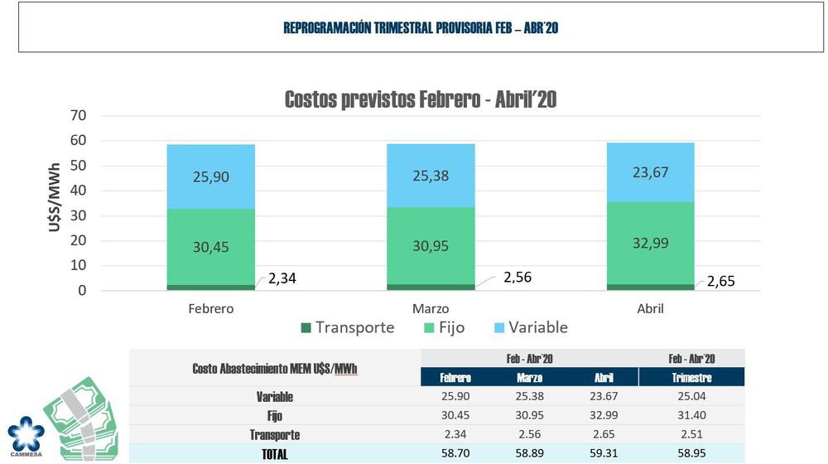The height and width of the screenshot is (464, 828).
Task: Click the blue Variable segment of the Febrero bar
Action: point(210,176)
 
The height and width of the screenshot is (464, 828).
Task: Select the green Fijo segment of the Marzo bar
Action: point(431,246)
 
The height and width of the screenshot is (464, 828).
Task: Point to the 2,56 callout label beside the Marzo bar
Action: point(517,277)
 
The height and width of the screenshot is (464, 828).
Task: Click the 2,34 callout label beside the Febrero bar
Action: point(282,279)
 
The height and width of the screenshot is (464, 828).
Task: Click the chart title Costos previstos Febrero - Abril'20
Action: point(421,100)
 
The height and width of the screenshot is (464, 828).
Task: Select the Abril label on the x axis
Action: point(650,308)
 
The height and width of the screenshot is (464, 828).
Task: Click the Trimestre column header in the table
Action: point(691,378)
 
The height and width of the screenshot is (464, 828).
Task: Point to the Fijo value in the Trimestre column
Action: point(691,416)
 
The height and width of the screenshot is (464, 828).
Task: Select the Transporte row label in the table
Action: point(274,435)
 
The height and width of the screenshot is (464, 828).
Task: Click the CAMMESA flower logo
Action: point(26,436)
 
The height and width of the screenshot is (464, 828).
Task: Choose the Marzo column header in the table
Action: point(530,378)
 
